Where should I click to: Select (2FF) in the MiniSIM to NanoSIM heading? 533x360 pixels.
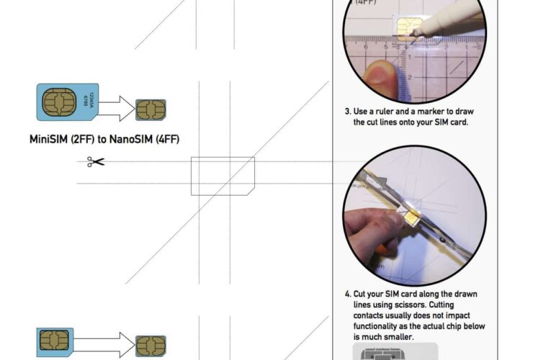tap(92, 138)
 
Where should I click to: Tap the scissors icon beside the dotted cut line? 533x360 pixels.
tap(95, 161)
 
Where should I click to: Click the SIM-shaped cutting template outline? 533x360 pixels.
tap(222, 176)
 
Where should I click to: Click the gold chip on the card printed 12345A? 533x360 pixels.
tap(57, 102)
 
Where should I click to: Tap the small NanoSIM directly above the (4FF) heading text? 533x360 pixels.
tap(151, 109)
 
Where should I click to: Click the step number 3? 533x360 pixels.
tap(347, 112)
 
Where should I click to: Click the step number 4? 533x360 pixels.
tap(347, 294)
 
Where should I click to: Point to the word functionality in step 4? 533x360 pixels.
tap(376, 326)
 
